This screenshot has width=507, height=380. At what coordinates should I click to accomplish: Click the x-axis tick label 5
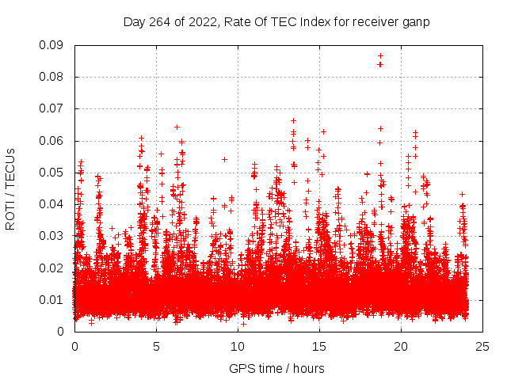coord(156,346)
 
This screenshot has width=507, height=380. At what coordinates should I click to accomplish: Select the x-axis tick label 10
coord(238,346)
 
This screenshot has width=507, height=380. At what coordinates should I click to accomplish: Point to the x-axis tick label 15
coord(319,346)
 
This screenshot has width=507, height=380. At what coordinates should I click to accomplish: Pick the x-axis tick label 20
coord(401,346)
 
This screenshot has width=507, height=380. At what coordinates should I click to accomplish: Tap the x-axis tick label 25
coord(482,346)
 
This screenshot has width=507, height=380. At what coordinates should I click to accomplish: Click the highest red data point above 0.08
coord(380,56)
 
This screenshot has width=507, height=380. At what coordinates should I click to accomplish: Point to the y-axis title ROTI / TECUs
coord(10,188)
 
